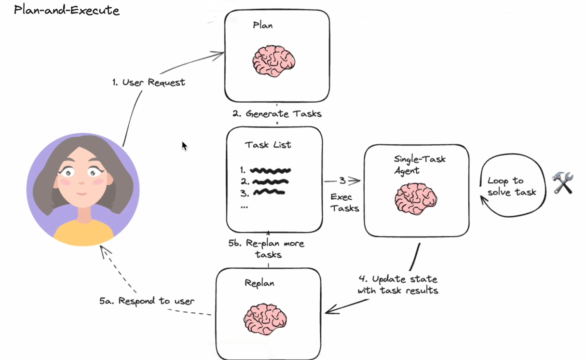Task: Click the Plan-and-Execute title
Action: (x=67, y=10)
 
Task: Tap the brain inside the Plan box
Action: (x=274, y=62)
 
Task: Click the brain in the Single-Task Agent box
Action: (x=416, y=198)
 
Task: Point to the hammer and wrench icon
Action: (x=563, y=183)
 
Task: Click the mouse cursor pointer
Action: (x=184, y=146)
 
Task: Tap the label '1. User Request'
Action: (x=149, y=83)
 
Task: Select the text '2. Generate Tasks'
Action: (x=277, y=114)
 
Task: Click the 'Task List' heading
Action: (x=268, y=145)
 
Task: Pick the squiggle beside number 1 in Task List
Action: (x=271, y=170)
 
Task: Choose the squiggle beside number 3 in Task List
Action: (x=269, y=193)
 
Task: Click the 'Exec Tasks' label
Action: (x=344, y=203)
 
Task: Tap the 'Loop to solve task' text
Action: (x=511, y=186)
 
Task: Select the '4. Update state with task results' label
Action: (x=398, y=285)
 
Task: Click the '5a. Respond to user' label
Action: (x=147, y=301)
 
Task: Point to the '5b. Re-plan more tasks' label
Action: (x=266, y=248)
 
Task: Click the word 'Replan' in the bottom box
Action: (x=259, y=283)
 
